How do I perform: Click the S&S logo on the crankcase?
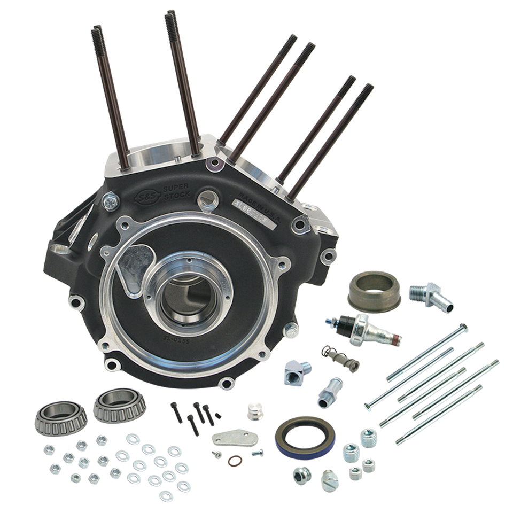coord(145,198)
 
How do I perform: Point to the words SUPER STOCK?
coord(176,191)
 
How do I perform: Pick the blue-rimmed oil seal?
coord(305,437)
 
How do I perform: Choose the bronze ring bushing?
coord(374,291)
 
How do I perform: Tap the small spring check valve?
coord(340,357)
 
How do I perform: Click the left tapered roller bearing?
coord(61,417)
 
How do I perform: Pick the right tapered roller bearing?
coord(120,405)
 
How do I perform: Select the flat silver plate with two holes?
coord(235,438)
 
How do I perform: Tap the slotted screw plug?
coord(329,480)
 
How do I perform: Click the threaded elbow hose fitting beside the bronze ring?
coord(432,297)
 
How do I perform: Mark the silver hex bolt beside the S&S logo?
coord(111,201)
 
